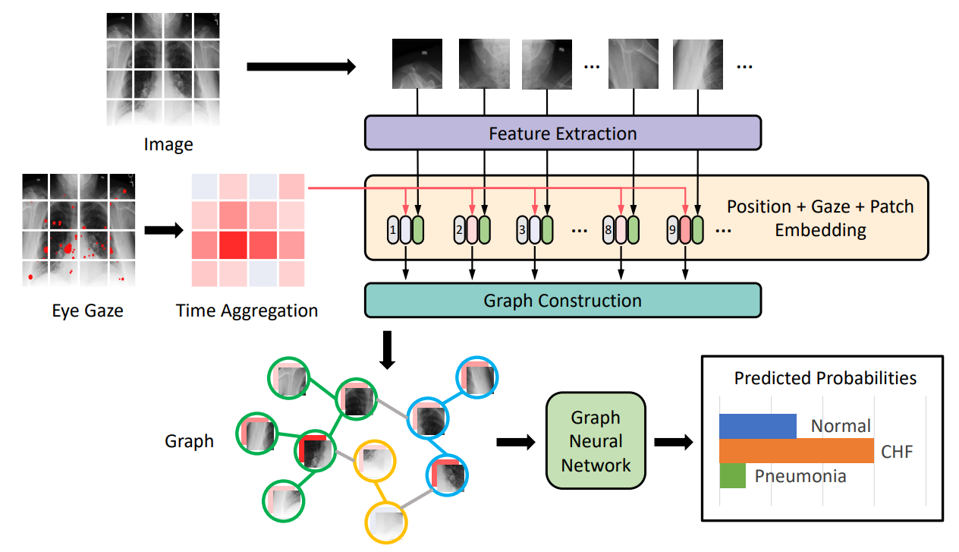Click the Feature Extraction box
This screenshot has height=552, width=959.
(562, 133)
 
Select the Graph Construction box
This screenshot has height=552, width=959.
(562, 300)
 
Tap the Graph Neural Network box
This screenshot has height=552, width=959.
(596, 440)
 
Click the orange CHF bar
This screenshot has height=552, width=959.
(797, 450)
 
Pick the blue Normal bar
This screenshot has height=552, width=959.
(758, 426)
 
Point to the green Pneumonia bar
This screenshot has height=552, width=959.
(732, 475)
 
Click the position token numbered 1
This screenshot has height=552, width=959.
(393, 230)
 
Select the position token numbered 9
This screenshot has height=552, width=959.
(672, 230)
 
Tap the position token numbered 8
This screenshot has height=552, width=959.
(608, 230)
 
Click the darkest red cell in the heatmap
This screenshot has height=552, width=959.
(234, 245)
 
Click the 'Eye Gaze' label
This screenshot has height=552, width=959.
(87, 311)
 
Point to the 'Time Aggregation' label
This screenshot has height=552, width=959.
(247, 311)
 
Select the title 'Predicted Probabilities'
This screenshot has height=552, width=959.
(825, 378)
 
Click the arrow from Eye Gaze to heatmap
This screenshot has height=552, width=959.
(164, 230)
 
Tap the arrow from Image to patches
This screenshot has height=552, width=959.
(301, 66)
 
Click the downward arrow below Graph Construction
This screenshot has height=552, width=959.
(387, 350)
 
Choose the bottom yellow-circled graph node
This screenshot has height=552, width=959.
(386, 523)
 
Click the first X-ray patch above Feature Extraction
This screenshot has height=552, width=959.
(417, 64)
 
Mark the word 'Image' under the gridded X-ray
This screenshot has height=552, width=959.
(168, 145)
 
